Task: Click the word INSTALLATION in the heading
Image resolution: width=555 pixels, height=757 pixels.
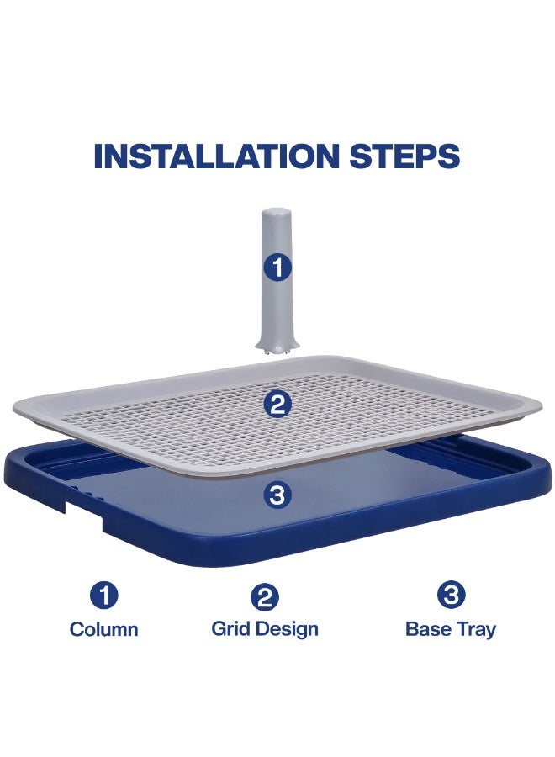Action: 213,156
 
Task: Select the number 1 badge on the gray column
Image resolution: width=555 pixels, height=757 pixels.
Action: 277,268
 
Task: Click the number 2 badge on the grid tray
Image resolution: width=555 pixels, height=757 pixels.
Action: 277,405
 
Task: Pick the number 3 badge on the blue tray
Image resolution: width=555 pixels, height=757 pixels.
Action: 277,495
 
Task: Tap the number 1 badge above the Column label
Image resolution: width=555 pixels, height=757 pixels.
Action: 104,596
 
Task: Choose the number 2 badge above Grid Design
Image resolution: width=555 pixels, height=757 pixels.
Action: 265,597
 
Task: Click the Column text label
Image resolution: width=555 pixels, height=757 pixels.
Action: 104,629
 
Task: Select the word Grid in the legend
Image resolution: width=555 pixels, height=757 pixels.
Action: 230,628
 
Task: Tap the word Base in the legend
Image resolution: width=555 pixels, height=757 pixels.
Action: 427,629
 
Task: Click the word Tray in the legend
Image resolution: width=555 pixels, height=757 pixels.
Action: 476,630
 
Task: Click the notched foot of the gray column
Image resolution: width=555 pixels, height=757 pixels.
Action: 277,345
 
